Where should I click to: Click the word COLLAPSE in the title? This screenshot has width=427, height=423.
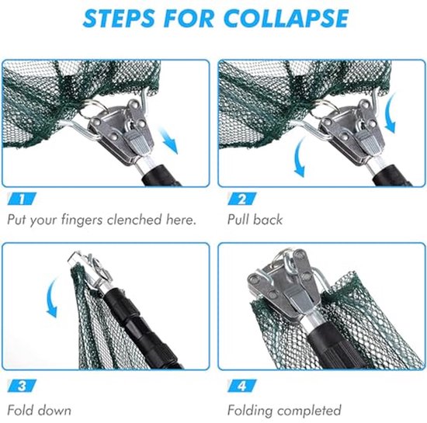(286, 18)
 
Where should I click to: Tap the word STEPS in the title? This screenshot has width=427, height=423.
(119, 18)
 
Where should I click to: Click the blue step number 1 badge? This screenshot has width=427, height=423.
(22, 199)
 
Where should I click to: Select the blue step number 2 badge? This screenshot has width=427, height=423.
(241, 199)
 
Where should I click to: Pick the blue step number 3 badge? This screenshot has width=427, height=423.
(22, 386)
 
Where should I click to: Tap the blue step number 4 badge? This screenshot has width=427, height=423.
(241, 386)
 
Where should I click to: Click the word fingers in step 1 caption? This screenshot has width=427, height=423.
(82, 220)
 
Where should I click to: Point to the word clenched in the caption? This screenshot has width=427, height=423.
(134, 220)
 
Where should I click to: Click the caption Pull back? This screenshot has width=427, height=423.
(255, 220)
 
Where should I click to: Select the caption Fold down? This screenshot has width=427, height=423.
(40, 411)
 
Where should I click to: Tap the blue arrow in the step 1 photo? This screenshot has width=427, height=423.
(168, 142)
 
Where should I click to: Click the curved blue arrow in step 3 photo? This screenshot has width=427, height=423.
(52, 297)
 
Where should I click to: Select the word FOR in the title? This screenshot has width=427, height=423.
(189, 18)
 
